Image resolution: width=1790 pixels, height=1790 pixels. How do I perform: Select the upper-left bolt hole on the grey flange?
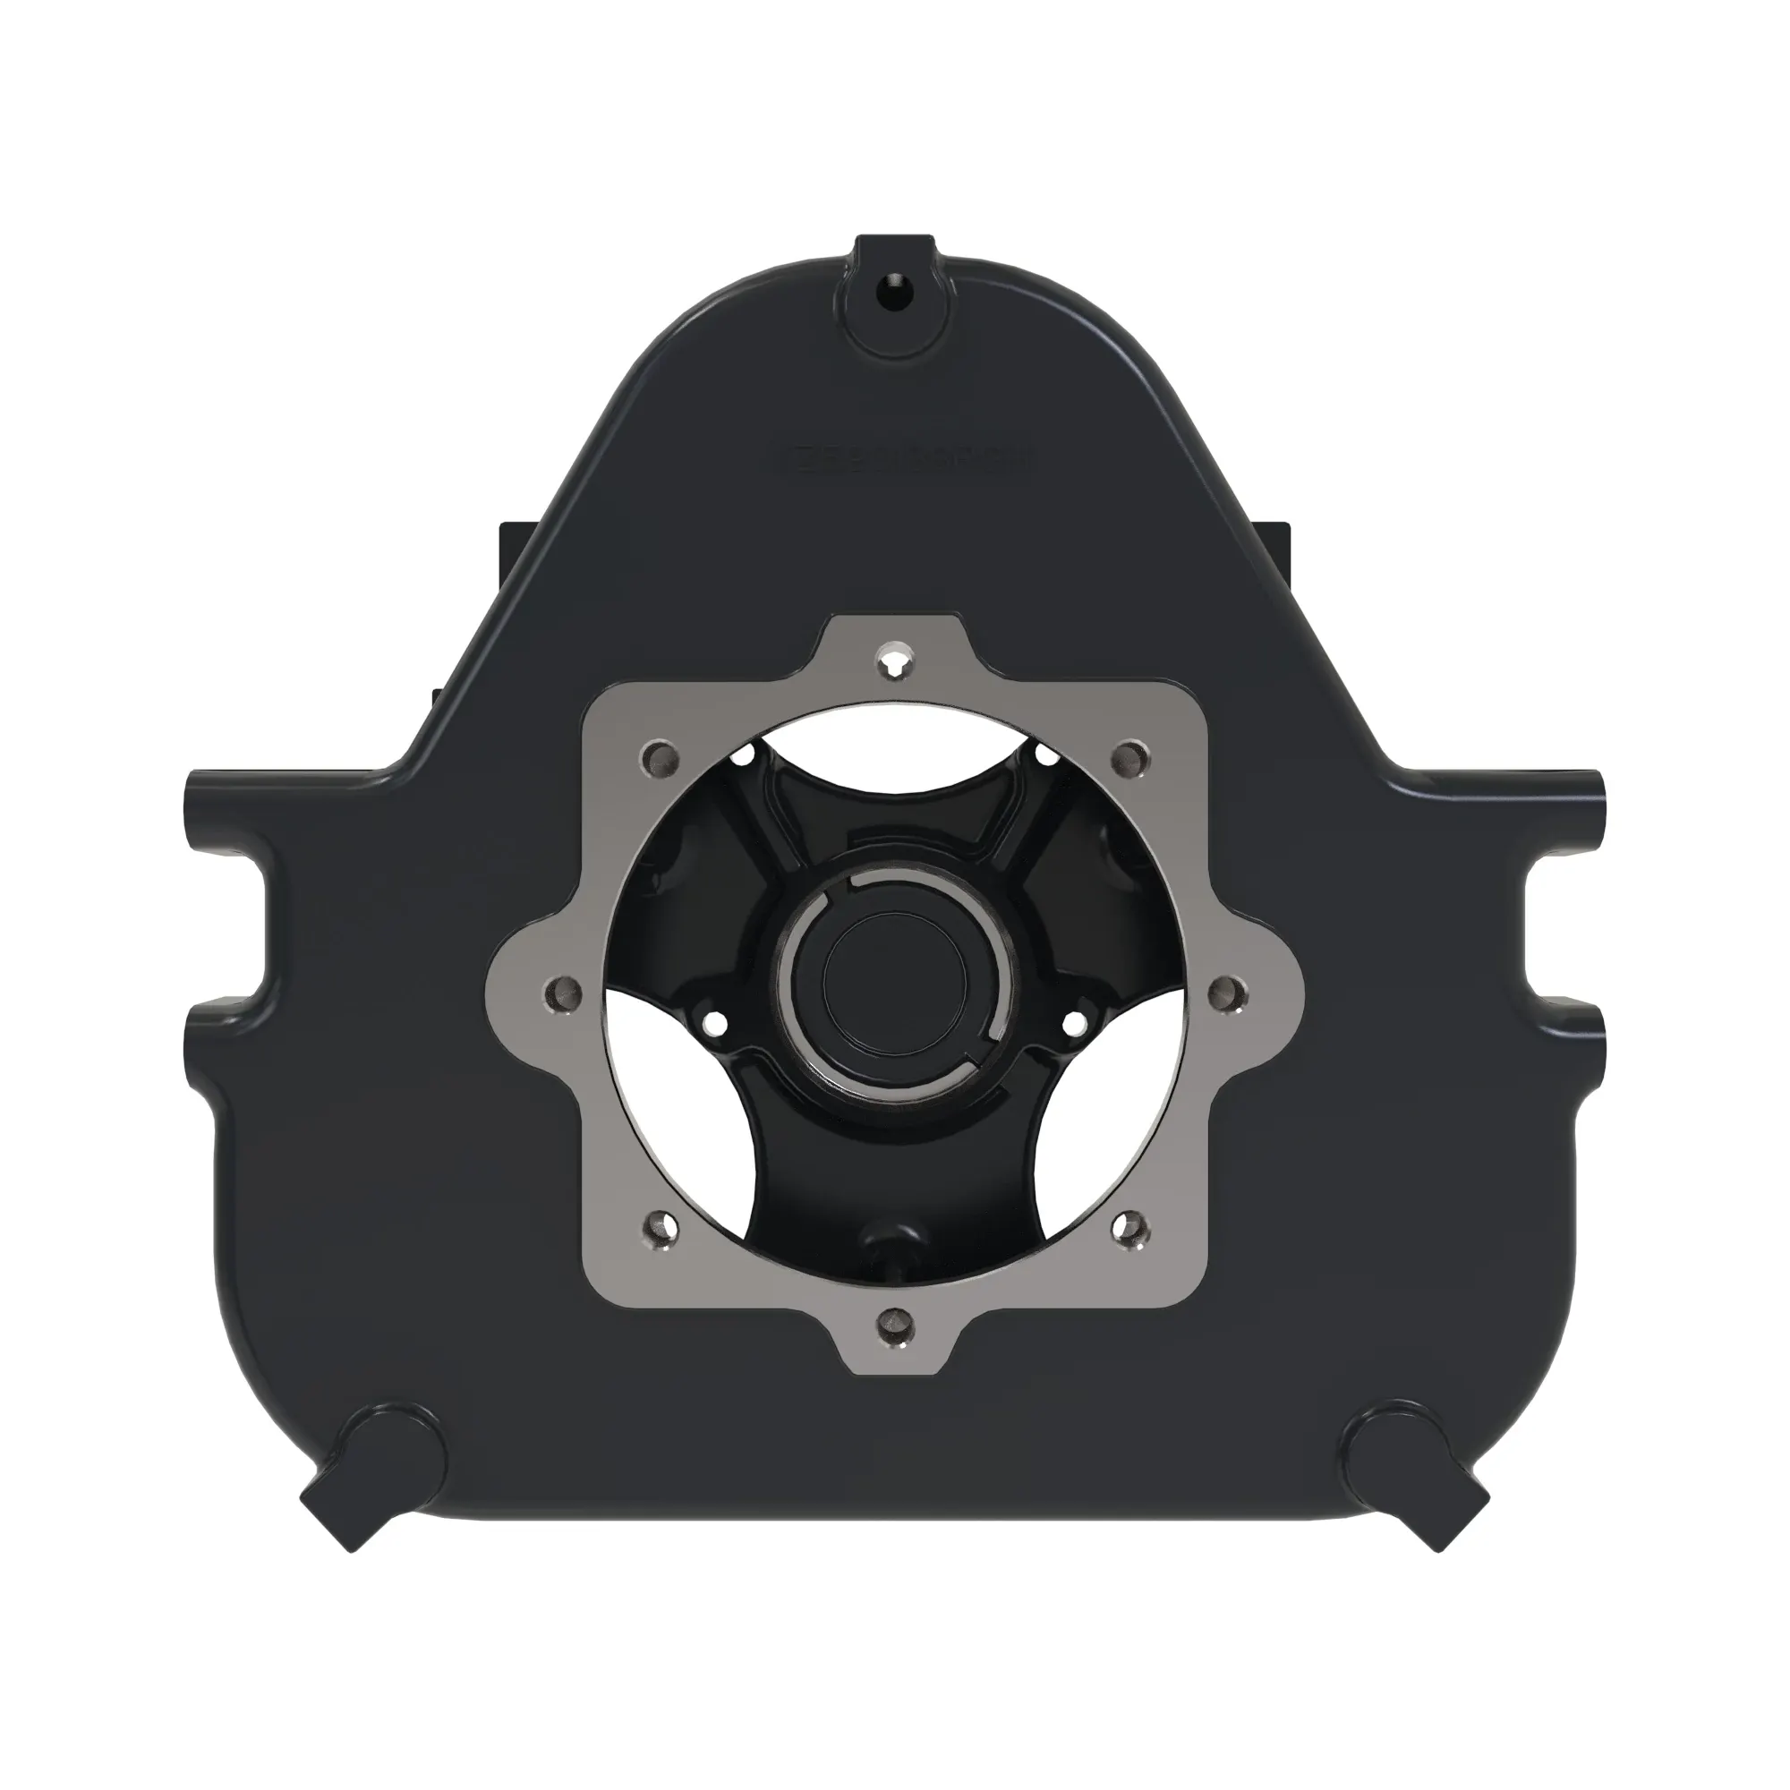[660, 760]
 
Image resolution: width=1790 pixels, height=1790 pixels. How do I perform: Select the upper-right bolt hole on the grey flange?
[1130, 760]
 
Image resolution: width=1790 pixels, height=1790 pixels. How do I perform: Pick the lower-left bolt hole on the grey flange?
[660, 1230]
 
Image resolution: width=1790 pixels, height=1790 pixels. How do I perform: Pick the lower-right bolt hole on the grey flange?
[1130, 1230]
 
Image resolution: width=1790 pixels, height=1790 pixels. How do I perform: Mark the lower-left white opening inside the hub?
[686, 1112]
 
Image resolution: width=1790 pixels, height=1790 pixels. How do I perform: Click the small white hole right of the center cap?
[1076, 1025]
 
